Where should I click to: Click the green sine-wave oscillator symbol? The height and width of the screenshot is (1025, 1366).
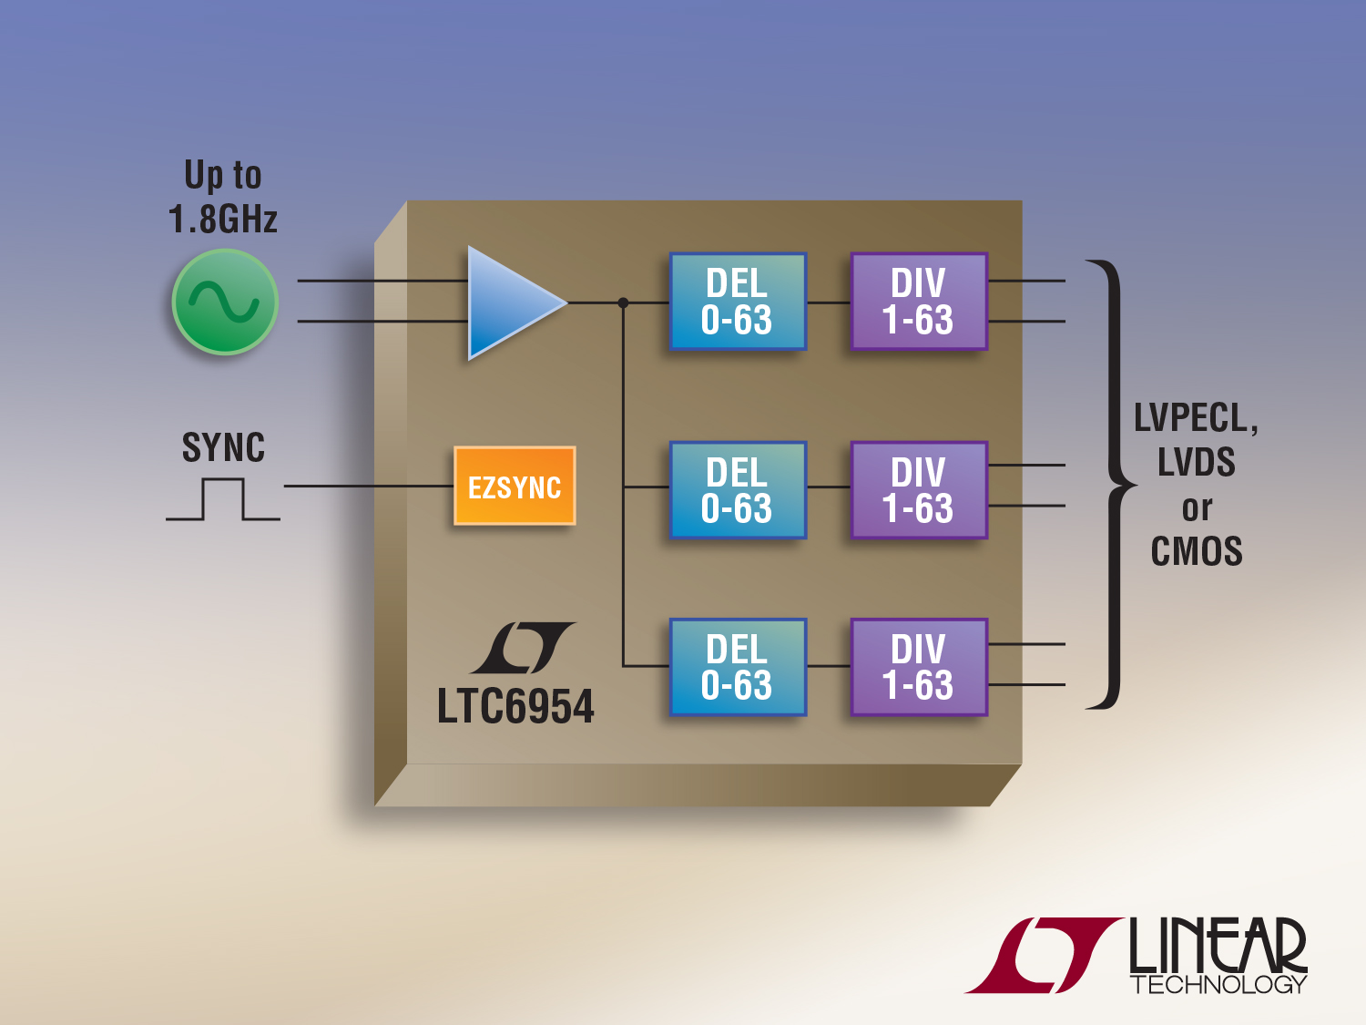pos(224,302)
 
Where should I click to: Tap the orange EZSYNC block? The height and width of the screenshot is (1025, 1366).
pos(515,487)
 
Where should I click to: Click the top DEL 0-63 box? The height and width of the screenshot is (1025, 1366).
pos(738,302)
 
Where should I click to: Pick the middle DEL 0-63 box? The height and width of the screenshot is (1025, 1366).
pos(738,490)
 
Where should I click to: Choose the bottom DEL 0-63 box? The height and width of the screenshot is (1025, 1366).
pos(738,667)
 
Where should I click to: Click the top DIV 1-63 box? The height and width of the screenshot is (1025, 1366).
pos(919,302)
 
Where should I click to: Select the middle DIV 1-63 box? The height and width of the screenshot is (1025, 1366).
pos(919,490)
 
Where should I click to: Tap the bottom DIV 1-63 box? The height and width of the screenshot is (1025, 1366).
pos(919,667)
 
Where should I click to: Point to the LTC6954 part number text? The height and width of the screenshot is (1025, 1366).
pos(515,707)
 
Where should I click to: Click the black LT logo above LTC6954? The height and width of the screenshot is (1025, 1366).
pos(523,647)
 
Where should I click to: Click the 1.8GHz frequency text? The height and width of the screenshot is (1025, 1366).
pos(223,220)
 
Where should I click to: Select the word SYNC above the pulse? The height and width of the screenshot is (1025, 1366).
pos(223,447)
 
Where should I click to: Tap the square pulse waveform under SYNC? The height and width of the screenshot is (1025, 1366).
pos(223,500)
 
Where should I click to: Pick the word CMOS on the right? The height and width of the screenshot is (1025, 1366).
pos(1197,551)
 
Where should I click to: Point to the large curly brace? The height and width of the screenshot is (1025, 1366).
pos(1111,485)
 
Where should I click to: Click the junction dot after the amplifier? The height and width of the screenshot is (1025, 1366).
pos(623,302)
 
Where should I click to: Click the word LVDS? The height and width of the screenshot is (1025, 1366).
pos(1197,462)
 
